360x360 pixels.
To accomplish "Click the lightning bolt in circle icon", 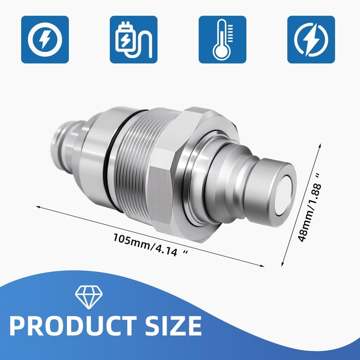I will [45, 40].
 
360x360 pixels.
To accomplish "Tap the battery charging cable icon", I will [134, 40].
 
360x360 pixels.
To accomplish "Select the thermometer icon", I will [222, 40].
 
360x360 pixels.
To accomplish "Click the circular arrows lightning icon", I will [311, 40].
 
